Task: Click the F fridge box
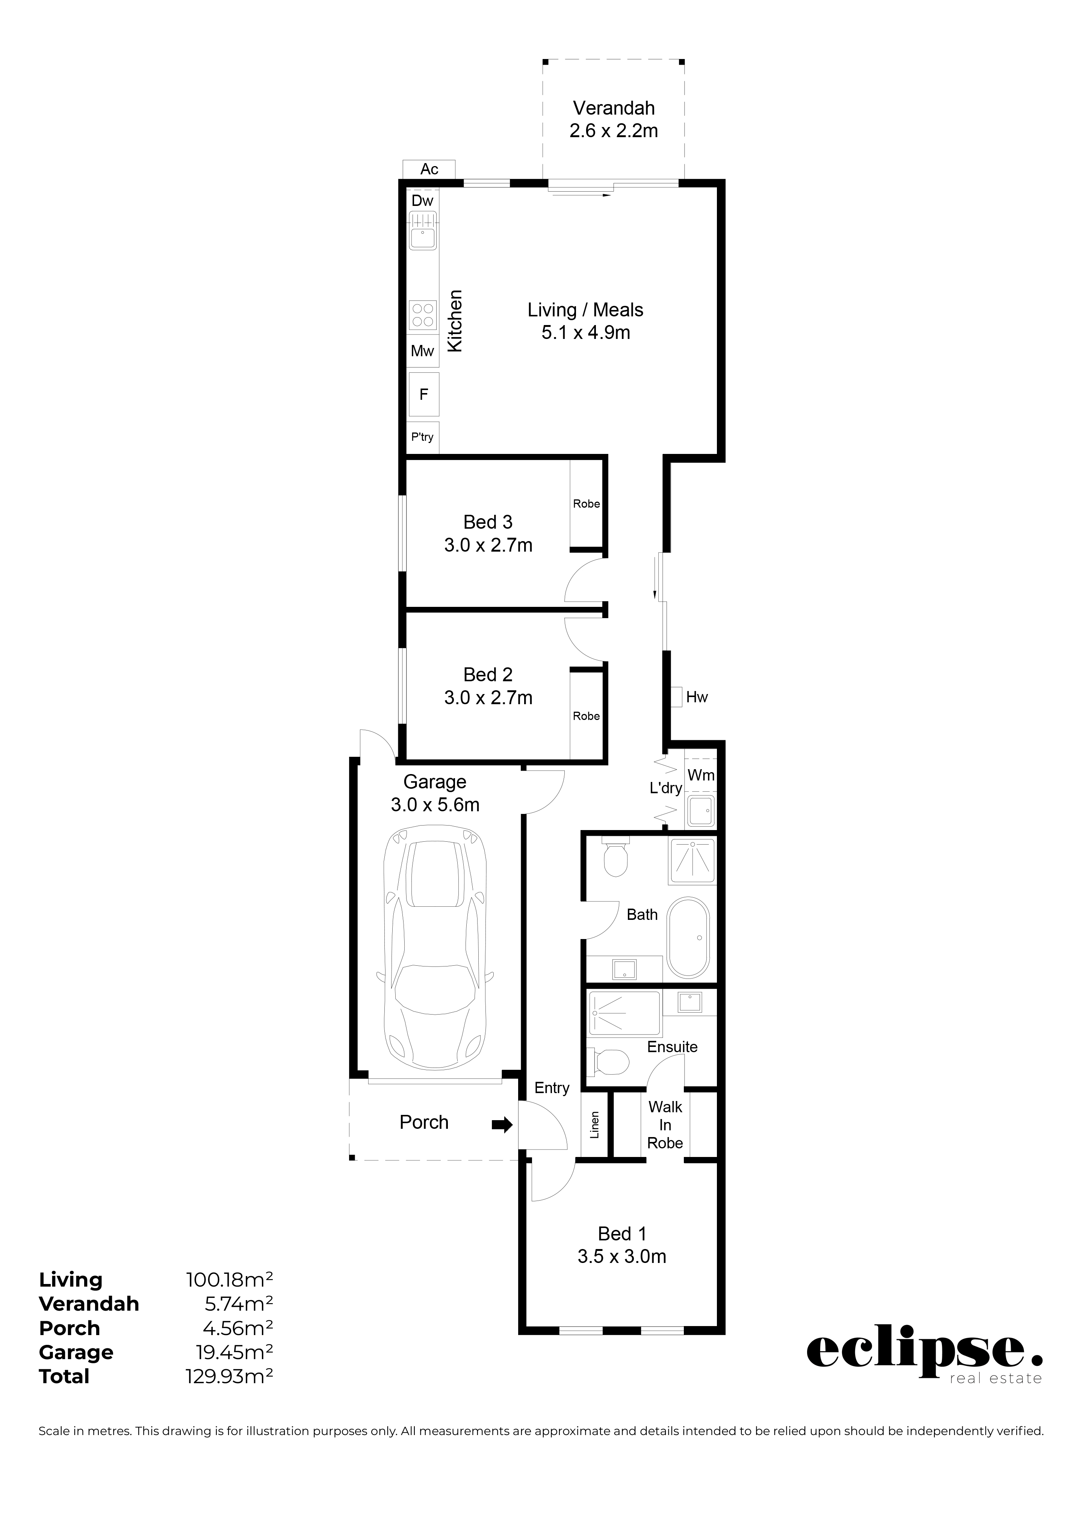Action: pyautogui.click(x=423, y=395)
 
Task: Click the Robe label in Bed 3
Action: pyautogui.click(x=587, y=504)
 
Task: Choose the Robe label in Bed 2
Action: pyautogui.click(x=587, y=716)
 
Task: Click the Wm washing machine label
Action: pyautogui.click(x=701, y=775)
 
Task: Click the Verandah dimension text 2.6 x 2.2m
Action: pyautogui.click(x=614, y=131)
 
